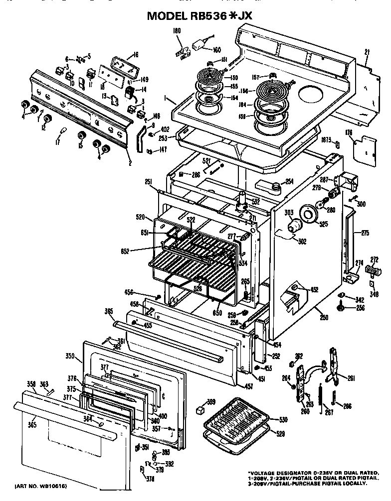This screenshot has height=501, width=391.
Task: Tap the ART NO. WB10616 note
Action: (41, 485)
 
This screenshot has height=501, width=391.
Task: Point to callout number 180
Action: (176, 31)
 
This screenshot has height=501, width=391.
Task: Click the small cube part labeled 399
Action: (200, 409)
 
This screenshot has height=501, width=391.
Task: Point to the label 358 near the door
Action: (31, 384)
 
